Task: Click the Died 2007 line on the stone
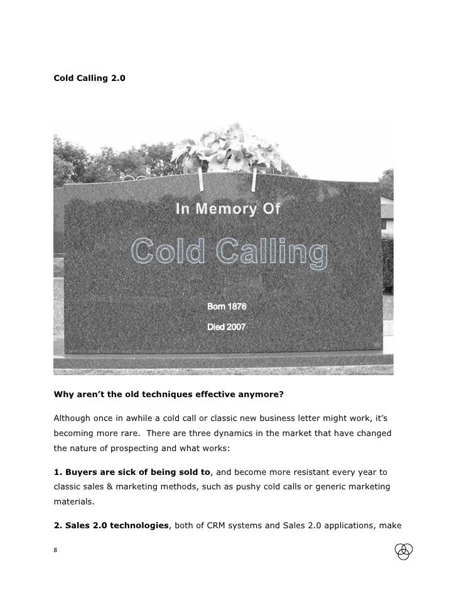point(227,327)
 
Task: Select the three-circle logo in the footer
point(404,550)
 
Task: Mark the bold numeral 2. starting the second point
point(56,524)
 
